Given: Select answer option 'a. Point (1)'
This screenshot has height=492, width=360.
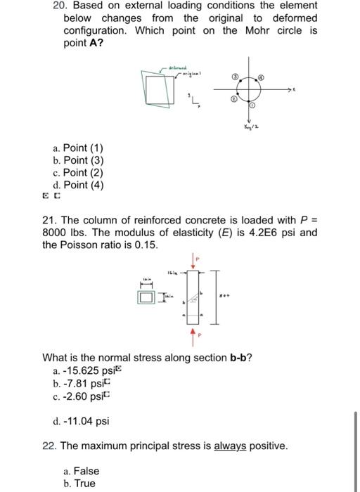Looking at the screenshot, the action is pyautogui.click(x=78, y=148).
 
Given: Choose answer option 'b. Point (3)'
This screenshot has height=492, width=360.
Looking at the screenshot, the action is pyautogui.click(x=78, y=161).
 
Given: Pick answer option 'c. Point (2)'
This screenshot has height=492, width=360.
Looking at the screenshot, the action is pyautogui.click(x=78, y=173).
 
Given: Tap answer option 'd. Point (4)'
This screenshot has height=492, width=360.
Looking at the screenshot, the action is pyautogui.click(x=78, y=186).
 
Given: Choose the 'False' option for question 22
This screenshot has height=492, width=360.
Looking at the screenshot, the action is pyautogui.click(x=81, y=471).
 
